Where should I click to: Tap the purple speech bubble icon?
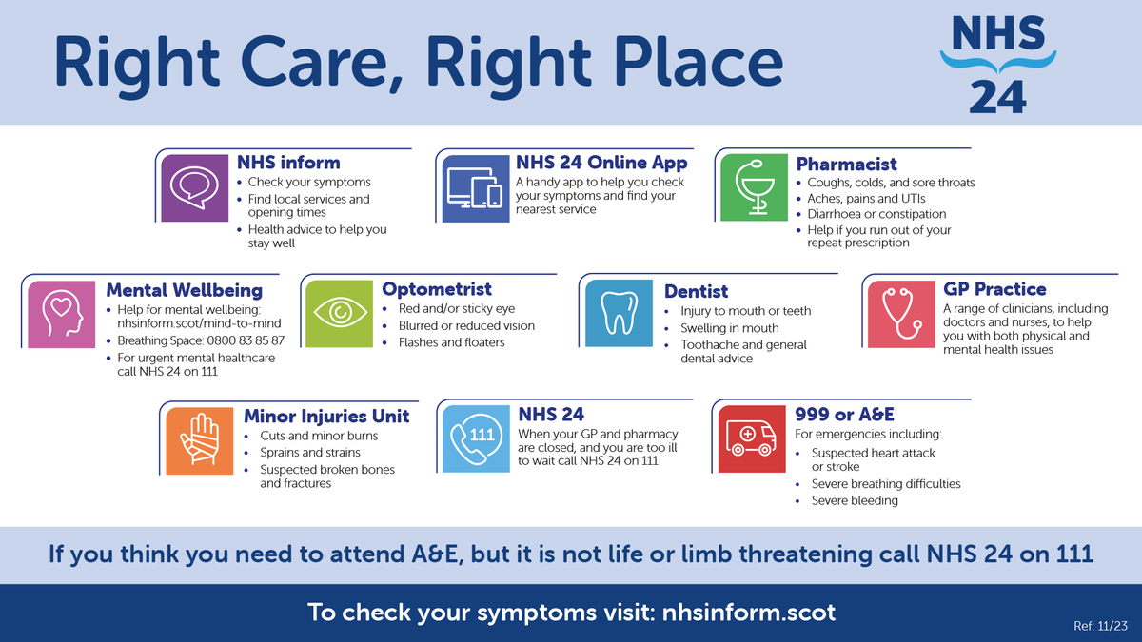tap(194, 188)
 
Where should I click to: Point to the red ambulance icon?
tap(752, 439)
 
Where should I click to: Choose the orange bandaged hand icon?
tap(199, 440)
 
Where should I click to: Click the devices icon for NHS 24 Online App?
tap(473, 188)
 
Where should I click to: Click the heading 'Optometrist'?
tap(437, 289)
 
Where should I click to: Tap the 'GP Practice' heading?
tap(994, 289)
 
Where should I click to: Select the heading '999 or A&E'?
tap(844, 415)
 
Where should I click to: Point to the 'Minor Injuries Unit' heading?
tap(326, 416)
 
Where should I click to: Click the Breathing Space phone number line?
tap(200, 340)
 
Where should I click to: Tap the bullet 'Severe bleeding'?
tap(854, 500)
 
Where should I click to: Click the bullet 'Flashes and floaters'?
tap(451, 342)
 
